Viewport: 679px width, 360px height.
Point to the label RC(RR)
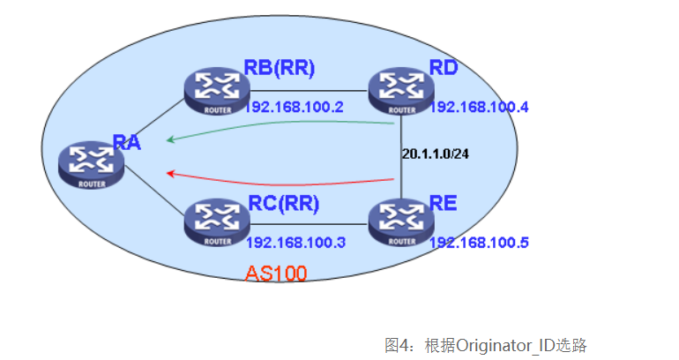pyautogui.click(x=282, y=203)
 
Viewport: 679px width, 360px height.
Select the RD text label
pyautogui.click(x=444, y=68)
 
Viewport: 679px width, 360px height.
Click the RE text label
pyautogui.click(x=444, y=205)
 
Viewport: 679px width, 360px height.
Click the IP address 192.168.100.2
pyautogui.click(x=296, y=108)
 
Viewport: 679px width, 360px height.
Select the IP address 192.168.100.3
pyautogui.click(x=296, y=243)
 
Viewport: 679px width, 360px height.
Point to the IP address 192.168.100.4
pyautogui.click(x=480, y=108)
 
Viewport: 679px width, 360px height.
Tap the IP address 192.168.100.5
pyautogui.click(x=480, y=243)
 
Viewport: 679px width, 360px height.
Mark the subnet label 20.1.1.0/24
pyautogui.click(x=436, y=154)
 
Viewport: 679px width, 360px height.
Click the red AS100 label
pyautogui.click(x=276, y=274)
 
